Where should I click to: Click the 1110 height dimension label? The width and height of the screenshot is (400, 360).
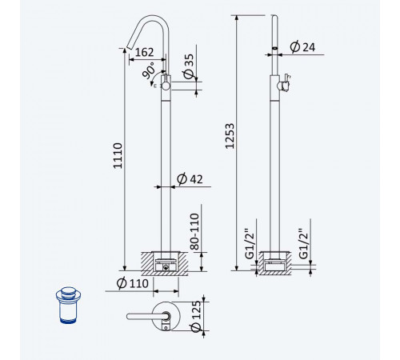pos(118,156)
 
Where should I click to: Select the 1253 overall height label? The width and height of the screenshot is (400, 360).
pos(230,136)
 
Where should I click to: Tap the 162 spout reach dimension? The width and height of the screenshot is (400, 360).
pos(144,52)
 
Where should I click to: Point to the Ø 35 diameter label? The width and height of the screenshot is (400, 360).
pos(189,66)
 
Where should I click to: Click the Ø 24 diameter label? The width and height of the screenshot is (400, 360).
pos(302,47)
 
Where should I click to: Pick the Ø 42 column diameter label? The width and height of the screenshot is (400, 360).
pos(190,179)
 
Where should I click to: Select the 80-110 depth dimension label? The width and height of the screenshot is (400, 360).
pos(195,231)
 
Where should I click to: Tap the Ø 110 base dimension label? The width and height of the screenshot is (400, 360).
pos(133,283)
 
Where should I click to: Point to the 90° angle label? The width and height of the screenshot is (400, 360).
pos(149,70)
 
